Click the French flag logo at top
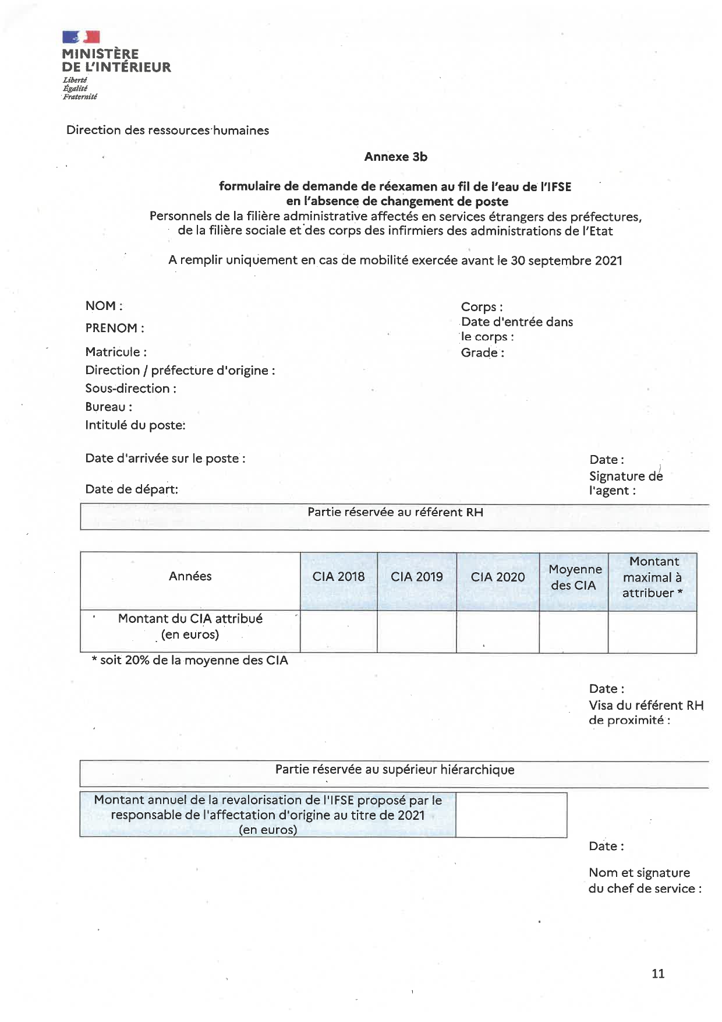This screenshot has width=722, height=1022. [81, 37]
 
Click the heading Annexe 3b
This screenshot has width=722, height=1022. [395, 157]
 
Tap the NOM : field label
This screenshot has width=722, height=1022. [104, 306]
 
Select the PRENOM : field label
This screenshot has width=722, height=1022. [115, 328]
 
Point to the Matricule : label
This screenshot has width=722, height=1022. [116, 352]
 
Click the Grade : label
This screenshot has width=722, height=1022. [482, 353]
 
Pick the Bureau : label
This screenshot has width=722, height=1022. [108, 407]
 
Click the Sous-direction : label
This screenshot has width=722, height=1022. [130, 389]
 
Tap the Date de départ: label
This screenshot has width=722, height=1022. [132, 489]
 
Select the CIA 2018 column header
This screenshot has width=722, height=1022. [338, 577]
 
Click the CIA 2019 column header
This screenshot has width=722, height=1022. [417, 577]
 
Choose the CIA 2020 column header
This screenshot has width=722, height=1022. [498, 577]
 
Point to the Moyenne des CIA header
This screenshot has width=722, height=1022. [574, 577]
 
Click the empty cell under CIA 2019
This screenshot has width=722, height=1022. [417, 631]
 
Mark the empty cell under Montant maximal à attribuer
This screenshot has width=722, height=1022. [652, 631]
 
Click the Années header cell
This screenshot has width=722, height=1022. [190, 576]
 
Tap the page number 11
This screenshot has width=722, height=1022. [658, 974]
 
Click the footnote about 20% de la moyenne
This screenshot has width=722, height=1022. [190, 661]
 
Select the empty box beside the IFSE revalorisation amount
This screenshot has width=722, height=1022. [511, 815]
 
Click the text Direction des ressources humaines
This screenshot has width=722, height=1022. [168, 131]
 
